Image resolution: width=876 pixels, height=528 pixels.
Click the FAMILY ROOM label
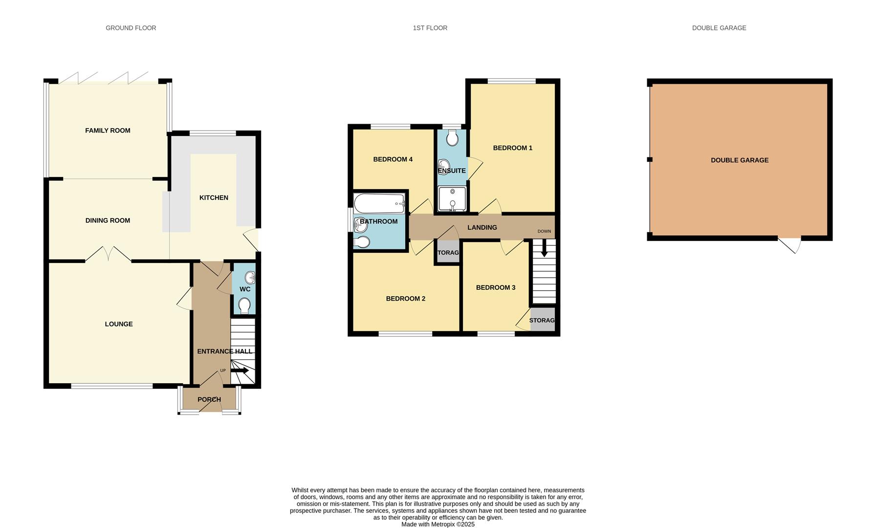point(108,131)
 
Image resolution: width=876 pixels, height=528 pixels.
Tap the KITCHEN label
point(214,198)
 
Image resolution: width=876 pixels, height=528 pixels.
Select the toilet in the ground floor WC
point(244,306)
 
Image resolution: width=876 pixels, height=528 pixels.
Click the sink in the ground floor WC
point(250,278)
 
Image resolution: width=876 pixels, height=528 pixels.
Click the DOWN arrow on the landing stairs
point(544,250)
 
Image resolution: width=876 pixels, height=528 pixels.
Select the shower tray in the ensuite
point(452,198)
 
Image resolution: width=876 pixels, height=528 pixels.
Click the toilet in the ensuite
point(452,138)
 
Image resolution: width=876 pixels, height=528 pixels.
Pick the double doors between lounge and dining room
point(109,254)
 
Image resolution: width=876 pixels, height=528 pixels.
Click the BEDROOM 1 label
point(512,148)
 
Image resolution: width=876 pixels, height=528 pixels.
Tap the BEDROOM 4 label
point(393,159)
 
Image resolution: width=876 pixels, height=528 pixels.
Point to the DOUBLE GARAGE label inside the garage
point(739,160)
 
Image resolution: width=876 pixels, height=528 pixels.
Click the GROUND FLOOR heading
point(131,28)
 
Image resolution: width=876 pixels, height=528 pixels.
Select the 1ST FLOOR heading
point(430,28)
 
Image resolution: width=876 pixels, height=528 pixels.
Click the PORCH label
point(209,399)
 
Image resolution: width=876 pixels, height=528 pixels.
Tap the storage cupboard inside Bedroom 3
point(542,320)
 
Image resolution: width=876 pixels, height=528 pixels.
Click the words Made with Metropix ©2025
point(438,524)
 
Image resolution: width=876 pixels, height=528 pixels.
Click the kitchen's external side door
point(252,240)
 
